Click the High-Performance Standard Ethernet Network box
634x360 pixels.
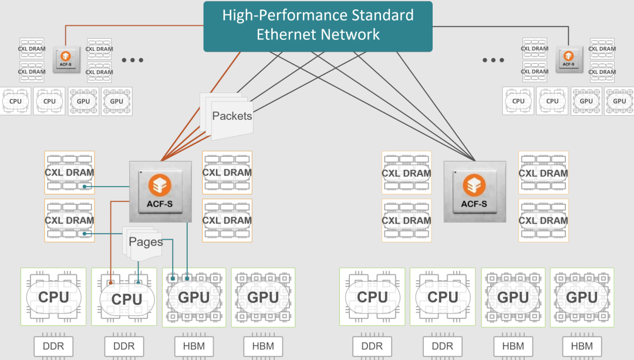tap(318, 26)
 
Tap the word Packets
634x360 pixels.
tap(232, 116)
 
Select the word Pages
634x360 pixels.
tap(146, 242)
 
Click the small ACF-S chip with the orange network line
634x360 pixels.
tap(65, 59)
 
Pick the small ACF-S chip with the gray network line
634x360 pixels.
tap(568, 59)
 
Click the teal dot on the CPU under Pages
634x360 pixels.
tap(139, 282)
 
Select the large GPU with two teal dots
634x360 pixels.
tap(194, 297)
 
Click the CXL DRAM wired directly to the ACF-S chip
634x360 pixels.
tap(69, 173)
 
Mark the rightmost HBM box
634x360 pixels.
tap(582, 346)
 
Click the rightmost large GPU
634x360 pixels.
tap(582, 297)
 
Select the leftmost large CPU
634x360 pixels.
tap(53, 297)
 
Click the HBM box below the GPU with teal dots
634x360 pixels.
tap(194, 346)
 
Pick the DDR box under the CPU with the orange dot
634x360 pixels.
tap(124, 346)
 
